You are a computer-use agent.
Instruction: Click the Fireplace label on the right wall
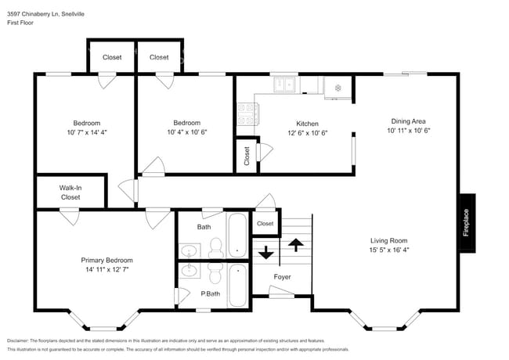[x=466, y=223]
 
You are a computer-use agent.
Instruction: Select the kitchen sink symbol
[x=283, y=83]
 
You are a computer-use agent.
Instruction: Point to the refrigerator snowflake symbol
[x=338, y=87]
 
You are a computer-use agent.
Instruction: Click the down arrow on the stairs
[x=266, y=253]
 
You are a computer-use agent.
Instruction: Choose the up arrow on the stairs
[x=296, y=244]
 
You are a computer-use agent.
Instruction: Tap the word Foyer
[x=282, y=277]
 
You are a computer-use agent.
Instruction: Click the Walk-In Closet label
[x=70, y=193]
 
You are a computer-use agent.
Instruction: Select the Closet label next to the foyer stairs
[x=265, y=223]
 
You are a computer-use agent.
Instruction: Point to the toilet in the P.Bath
[x=213, y=272]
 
